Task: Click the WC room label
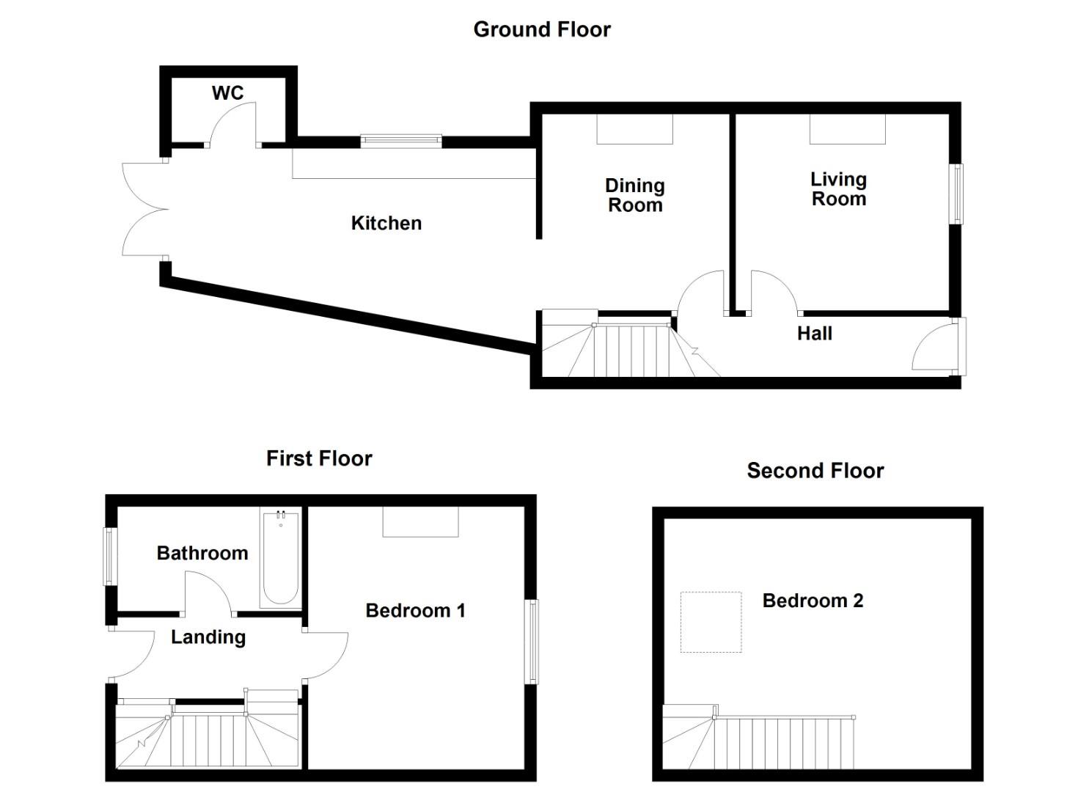(227, 93)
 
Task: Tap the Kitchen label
(386, 223)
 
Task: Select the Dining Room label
(635, 195)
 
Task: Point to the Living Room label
(838, 189)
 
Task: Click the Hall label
(814, 334)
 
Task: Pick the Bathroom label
(202, 553)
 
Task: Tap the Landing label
(208, 637)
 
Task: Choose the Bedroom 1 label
(415, 611)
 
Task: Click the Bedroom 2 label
(813, 601)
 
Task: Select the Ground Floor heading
(542, 29)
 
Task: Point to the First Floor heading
(319, 458)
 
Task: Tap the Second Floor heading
(815, 471)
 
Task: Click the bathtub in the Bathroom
(280, 557)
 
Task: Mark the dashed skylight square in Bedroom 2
(711, 622)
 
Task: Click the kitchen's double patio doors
(145, 210)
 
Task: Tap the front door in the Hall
(937, 346)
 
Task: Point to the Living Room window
(957, 193)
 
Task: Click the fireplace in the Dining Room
(634, 130)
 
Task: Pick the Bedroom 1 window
(532, 642)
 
